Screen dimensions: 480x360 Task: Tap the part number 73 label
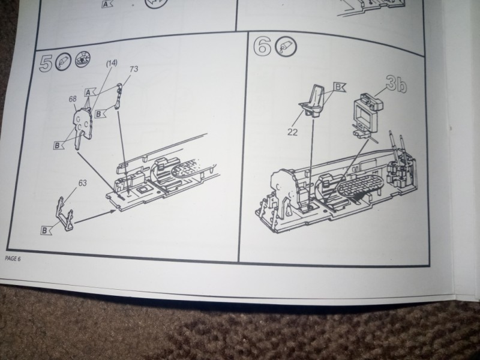[134, 69]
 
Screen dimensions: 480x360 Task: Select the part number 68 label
[73, 100]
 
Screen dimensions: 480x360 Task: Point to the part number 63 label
[82, 183]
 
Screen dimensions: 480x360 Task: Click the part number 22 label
[292, 132]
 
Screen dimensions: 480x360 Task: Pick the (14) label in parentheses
[112, 64]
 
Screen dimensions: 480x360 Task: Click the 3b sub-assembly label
[396, 84]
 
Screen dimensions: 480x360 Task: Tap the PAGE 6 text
[13, 259]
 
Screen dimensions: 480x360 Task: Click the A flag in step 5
[90, 92]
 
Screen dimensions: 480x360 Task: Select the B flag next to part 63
[46, 230]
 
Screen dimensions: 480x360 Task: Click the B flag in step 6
[339, 87]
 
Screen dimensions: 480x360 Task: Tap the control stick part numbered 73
[119, 96]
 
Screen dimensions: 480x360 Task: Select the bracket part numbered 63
[65, 214]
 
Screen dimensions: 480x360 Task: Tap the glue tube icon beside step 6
[286, 47]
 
